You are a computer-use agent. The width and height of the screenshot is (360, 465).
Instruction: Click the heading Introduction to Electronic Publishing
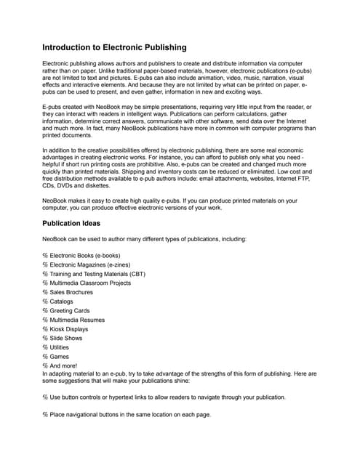point(114,47)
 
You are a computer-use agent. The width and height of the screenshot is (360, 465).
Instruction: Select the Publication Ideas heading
point(71,223)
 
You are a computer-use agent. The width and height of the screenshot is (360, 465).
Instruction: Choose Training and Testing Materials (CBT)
point(97,274)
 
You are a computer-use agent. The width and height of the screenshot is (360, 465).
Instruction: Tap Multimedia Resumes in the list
point(77,320)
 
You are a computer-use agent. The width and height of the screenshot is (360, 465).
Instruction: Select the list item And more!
point(65,365)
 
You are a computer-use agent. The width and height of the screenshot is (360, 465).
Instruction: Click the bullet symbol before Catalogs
point(45,302)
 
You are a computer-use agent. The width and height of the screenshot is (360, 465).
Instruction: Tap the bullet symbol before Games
point(45,357)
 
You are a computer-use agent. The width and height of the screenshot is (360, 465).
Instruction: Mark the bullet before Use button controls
point(45,397)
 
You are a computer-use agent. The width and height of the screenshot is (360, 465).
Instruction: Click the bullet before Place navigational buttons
point(45,414)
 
